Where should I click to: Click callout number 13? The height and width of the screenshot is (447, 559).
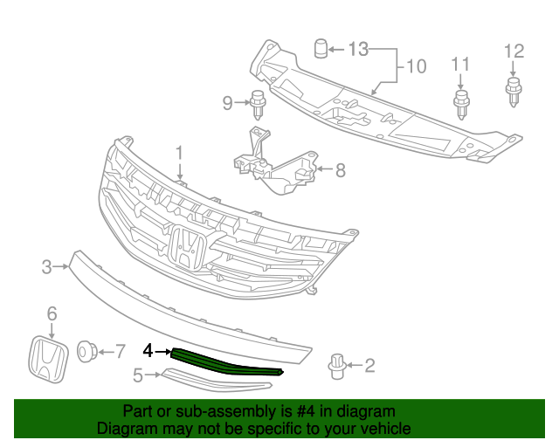359,49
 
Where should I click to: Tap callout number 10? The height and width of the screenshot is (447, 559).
415,65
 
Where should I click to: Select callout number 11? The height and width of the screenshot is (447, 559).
460,64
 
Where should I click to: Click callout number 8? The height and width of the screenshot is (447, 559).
339,170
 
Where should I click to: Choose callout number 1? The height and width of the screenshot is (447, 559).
179,154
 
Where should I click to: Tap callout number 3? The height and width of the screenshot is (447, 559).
47,267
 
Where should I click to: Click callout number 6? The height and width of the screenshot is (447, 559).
52,313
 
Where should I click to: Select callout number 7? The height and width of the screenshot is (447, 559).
121,352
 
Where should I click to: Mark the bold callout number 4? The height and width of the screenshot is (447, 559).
148,351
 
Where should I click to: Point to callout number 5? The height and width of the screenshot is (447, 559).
138,376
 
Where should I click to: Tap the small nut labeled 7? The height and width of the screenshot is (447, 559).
87,352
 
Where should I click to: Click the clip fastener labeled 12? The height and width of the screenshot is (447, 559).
513,90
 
